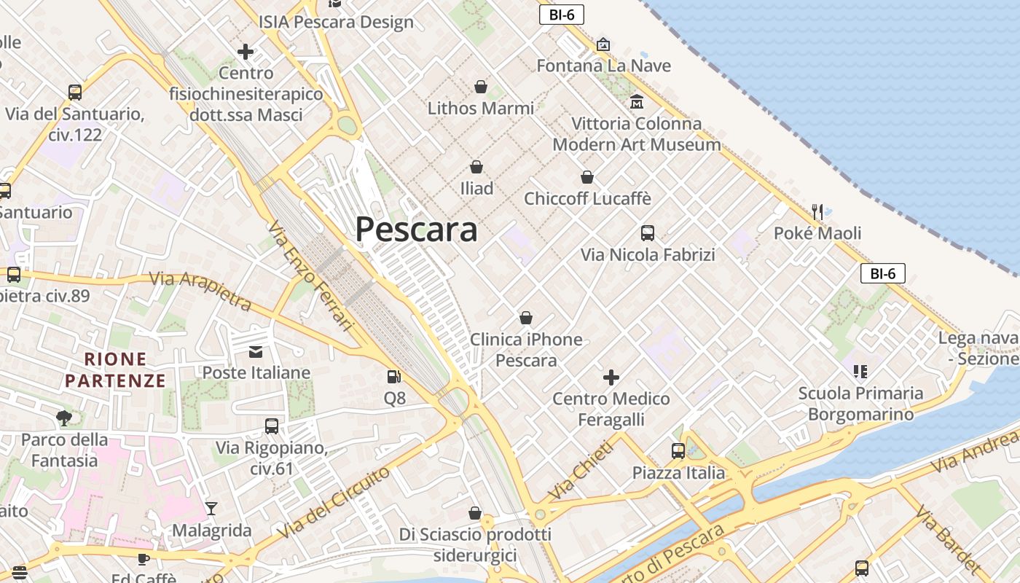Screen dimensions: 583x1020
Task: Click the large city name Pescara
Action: [416, 230]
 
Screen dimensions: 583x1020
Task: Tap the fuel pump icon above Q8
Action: [394, 377]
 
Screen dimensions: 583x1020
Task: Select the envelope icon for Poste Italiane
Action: [256, 352]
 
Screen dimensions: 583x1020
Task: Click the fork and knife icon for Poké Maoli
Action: [817, 212]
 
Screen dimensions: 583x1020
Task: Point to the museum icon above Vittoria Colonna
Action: [637, 101]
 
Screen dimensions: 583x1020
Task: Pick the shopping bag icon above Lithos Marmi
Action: [481, 87]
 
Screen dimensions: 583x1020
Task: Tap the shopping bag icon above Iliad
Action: [476, 167]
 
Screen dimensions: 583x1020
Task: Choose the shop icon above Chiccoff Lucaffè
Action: [587, 177]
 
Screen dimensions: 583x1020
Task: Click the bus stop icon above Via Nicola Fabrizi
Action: [648, 233]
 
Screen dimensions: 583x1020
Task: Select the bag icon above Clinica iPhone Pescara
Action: [526, 318]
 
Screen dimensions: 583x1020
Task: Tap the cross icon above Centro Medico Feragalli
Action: [611, 377]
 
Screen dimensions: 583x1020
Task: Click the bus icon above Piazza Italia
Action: [678, 451]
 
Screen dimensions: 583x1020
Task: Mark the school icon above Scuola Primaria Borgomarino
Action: [860, 372]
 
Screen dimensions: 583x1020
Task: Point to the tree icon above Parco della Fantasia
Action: [64, 418]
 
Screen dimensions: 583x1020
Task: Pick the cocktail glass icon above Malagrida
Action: [211, 508]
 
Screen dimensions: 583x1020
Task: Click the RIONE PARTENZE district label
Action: [115, 369]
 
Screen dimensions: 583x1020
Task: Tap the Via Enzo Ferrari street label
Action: [310, 276]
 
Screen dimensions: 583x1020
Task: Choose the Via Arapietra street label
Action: [200, 290]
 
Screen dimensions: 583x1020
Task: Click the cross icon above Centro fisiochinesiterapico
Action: [246, 52]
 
